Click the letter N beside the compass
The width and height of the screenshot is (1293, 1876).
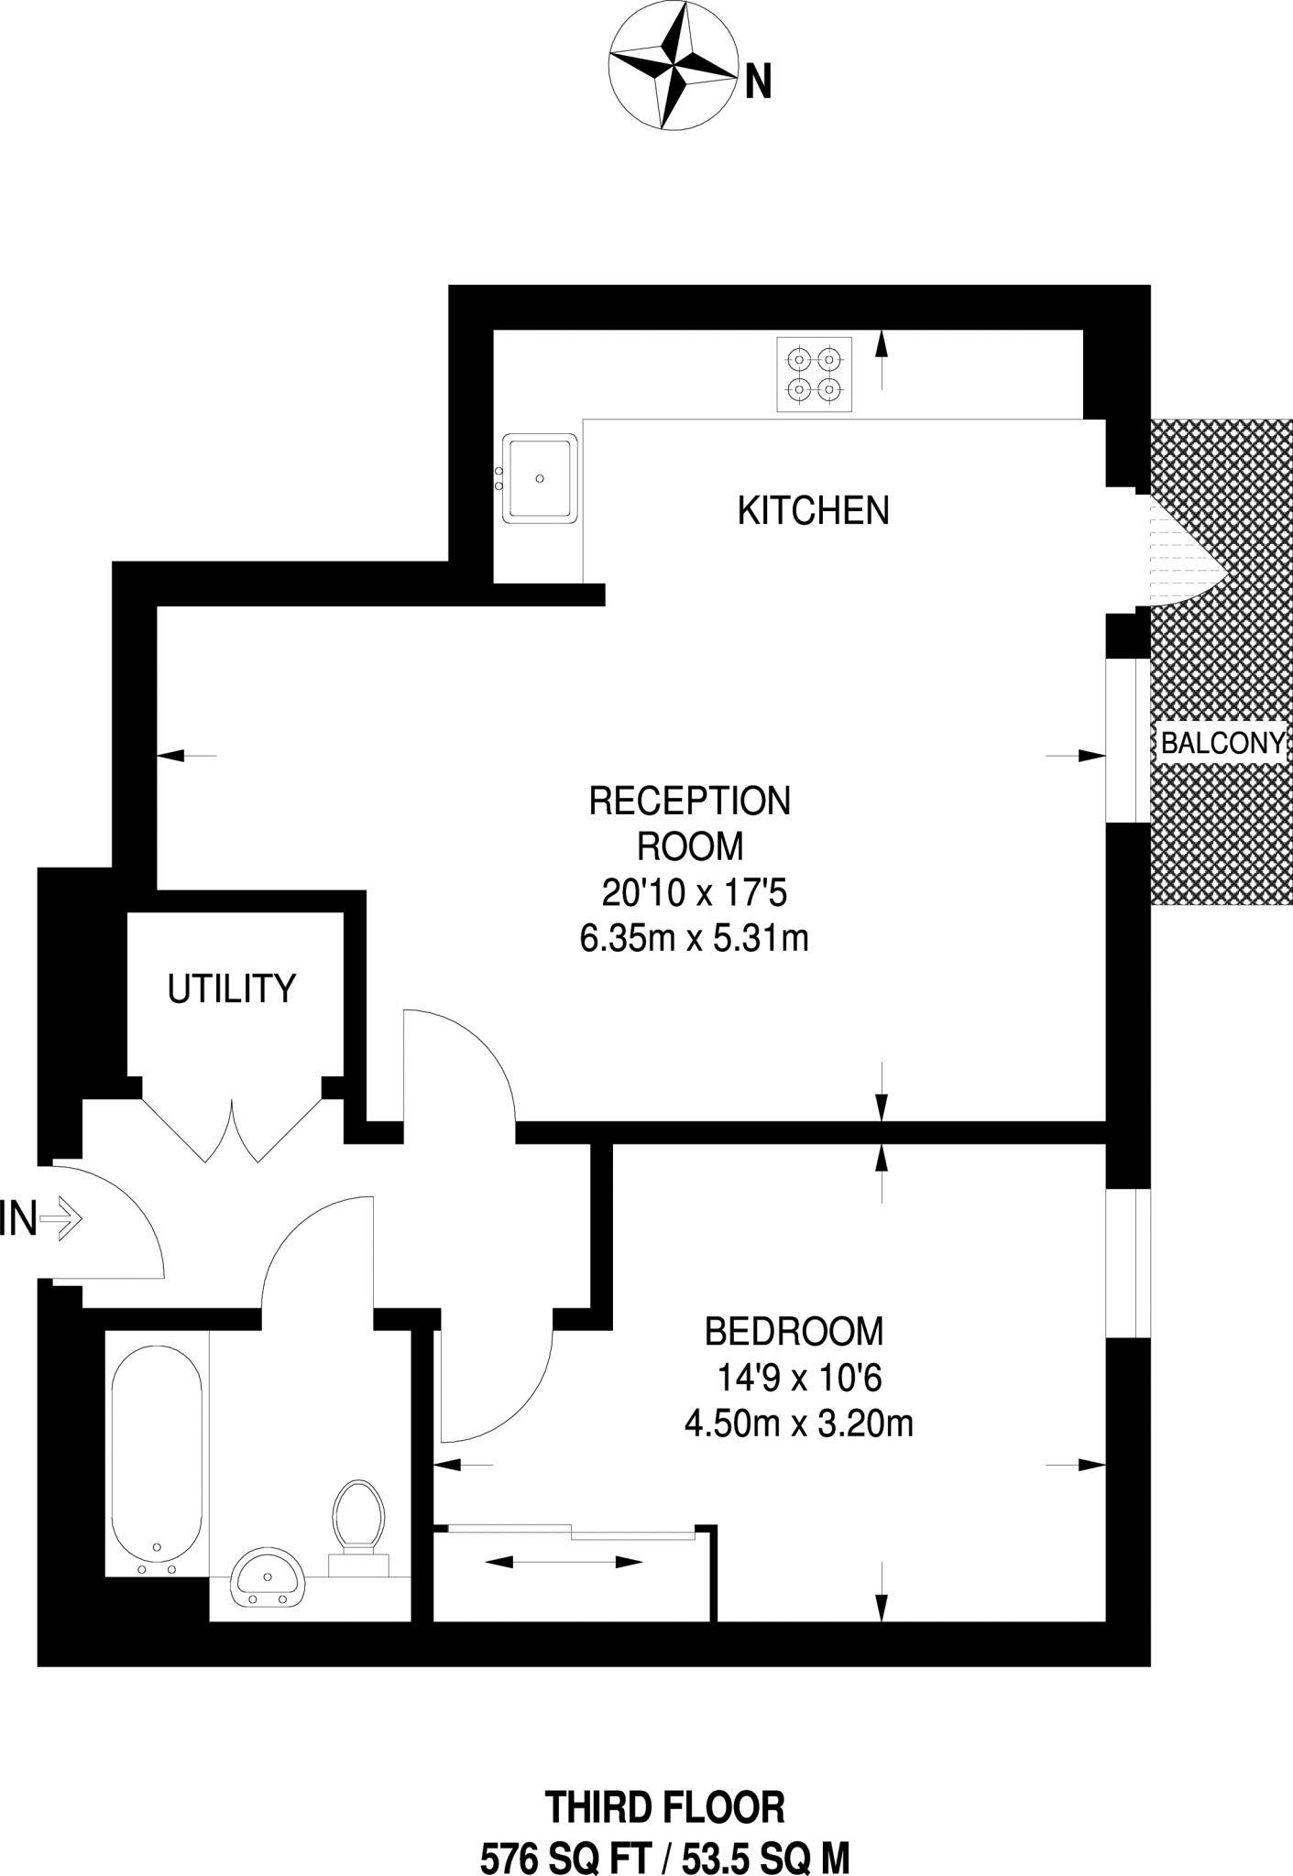tap(758, 83)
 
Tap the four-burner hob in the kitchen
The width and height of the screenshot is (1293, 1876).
tap(814, 375)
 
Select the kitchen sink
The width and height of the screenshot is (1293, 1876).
tap(540, 478)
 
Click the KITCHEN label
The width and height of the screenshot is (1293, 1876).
tap(813, 511)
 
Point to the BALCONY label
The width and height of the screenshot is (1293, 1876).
tap(1222, 743)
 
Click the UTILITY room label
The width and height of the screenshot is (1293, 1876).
tap(232, 989)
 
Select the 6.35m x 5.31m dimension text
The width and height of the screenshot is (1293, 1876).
tap(694, 939)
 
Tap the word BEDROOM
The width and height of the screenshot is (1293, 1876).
tap(794, 1332)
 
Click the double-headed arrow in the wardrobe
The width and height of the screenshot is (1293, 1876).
tap(563, 1562)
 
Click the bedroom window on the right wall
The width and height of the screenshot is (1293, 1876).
tap(1128, 1262)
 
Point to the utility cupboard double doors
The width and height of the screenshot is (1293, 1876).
tap(233, 1129)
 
